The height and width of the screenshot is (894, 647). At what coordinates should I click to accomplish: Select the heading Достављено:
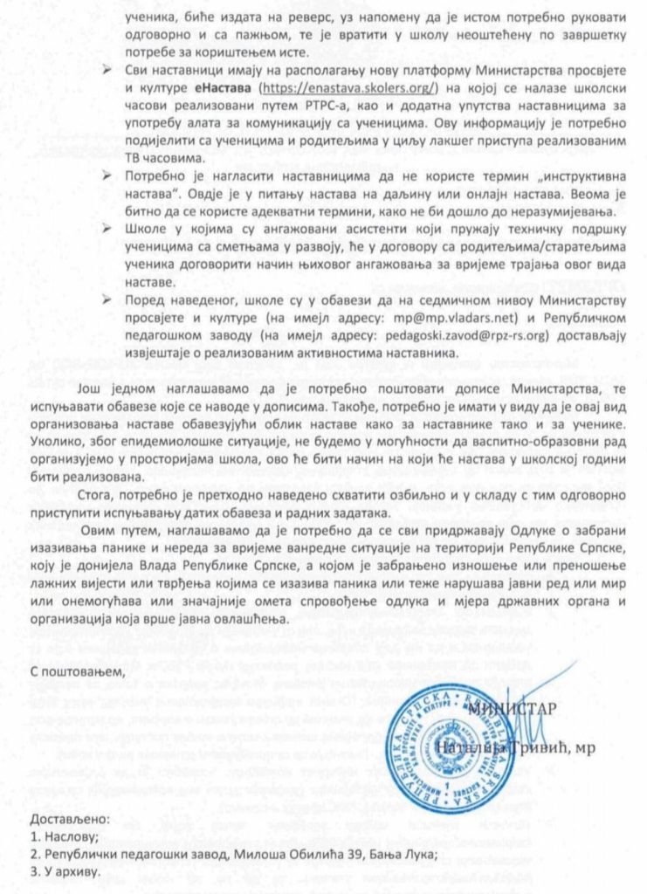point(69,820)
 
